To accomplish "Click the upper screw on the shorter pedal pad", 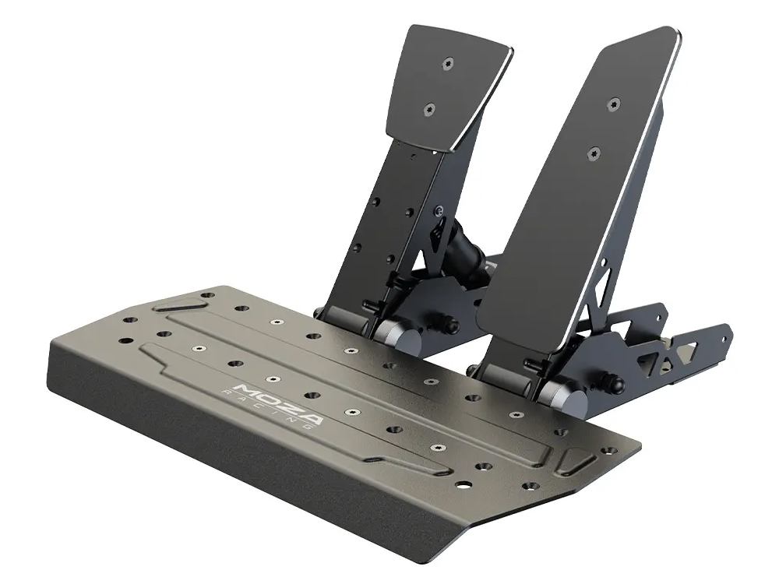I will click(447, 63).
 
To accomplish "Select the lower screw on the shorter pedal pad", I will click(428, 110).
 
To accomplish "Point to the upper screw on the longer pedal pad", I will click(615, 104).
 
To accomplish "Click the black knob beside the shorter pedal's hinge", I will click(449, 319).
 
